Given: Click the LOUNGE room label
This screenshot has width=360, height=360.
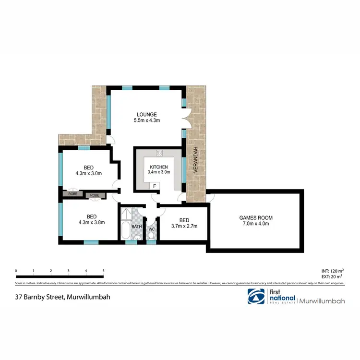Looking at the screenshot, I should pyautogui.click(x=147, y=114).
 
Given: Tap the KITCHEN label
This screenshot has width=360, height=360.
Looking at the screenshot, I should pyautogui.click(x=158, y=167).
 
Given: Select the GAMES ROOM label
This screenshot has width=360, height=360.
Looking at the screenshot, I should pyautogui.click(x=256, y=218).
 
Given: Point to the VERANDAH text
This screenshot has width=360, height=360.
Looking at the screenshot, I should pyautogui.click(x=196, y=163).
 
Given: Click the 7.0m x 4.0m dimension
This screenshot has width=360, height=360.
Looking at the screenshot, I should pyautogui.click(x=256, y=224).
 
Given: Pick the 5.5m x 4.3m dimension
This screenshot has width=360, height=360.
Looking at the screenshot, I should pyautogui.click(x=147, y=120).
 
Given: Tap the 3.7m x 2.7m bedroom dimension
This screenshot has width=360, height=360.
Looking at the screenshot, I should pyautogui.click(x=184, y=226).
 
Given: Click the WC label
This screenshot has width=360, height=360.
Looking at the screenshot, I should pyautogui.click(x=152, y=229).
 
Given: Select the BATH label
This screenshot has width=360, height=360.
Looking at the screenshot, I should pyautogui.click(x=137, y=227).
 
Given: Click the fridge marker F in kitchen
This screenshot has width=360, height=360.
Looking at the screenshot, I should pyautogui.click(x=155, y=186).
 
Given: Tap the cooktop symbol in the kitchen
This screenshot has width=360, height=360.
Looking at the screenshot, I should pyautogui.click(x=159, y=153).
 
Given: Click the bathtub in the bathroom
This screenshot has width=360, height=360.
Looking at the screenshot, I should pyautogui.click(x=125, y=230).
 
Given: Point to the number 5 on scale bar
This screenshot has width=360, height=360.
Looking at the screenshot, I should pyautogui.click(x=103, y=271).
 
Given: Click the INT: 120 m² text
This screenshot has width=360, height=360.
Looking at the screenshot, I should pyautogui.click(x=332, y=271).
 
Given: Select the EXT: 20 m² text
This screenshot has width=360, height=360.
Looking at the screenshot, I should pyautogui.click(x=332, y=276).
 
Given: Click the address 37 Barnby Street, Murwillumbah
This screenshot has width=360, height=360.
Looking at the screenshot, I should pyautogui.click(x=63, y=297).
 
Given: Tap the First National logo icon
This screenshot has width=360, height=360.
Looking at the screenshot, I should pyautogui.click(x=255, y=297).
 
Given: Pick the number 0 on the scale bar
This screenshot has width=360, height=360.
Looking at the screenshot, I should pyautogui.click(x=16, y=271).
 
